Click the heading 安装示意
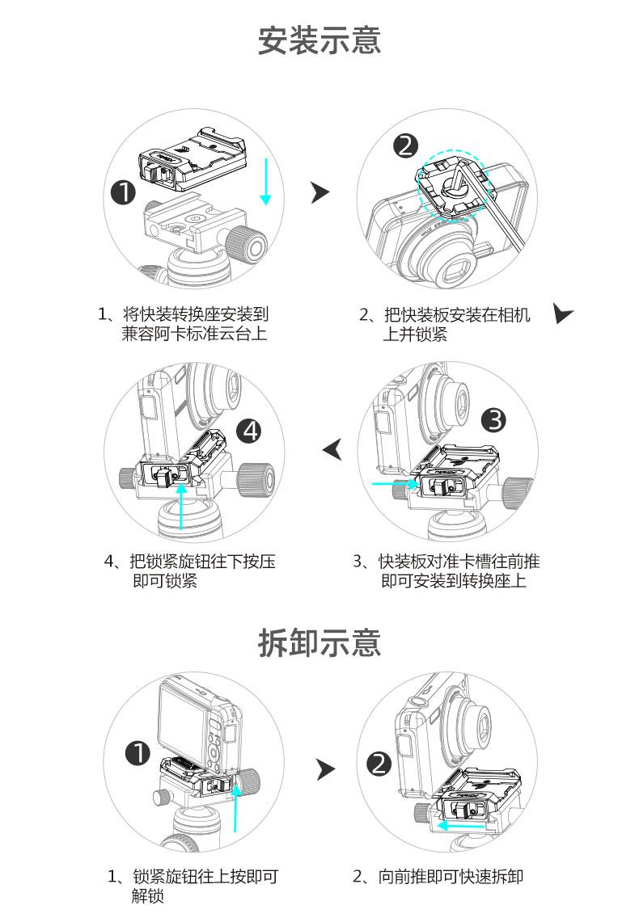point(319,40)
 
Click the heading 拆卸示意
point(319,642)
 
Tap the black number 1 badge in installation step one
point(124,192)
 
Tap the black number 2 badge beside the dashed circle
point(406,145)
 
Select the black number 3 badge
point(494,420)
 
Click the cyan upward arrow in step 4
point(181,506)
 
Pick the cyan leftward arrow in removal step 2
point(462,825)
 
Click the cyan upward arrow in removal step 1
point(235,809)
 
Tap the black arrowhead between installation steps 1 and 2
point(320,192)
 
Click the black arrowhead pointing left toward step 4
point(332,450)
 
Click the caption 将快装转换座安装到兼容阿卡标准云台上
point(184,324)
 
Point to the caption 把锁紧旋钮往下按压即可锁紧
point(189,571)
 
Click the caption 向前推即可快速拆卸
point(438,877)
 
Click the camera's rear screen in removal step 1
point(184,727)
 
